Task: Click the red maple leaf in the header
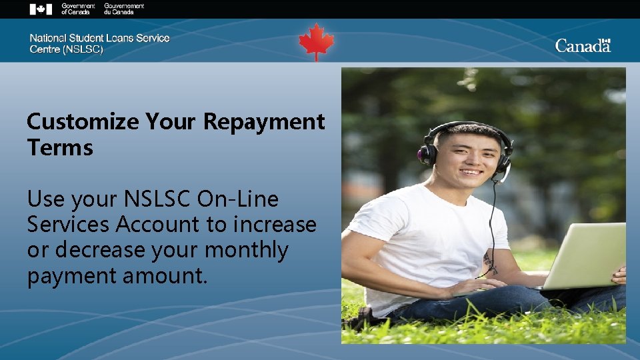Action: coord(316,41)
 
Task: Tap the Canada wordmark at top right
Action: coord(583,45)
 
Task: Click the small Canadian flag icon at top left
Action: coord(41,9)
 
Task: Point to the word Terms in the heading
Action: coord(60,147)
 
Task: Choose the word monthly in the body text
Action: coord(247,250)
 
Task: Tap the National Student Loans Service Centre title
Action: coord(99,43)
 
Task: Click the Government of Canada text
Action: coord(78,9)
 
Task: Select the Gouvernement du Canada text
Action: coord(124,9)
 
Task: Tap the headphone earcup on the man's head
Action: coord(427,154)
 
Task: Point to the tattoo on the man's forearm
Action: coord(490,264)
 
